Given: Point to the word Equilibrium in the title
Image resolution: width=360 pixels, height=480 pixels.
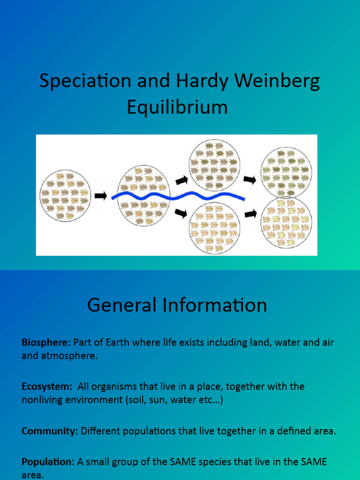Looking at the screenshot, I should point(177,107).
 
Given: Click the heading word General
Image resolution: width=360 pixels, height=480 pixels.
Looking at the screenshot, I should point(122,306).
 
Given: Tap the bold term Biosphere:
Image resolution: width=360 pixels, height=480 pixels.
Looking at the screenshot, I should point(46,343).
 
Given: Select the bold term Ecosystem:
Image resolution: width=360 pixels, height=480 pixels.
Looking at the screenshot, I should point(47,387).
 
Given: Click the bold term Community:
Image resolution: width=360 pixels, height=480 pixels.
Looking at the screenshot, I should point(50,432).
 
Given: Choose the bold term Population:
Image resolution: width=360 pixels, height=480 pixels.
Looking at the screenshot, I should point(48,462).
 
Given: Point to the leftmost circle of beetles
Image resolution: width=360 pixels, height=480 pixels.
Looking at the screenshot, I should point(65,195).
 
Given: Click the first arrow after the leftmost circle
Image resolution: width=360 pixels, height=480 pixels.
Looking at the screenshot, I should point(101,196).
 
